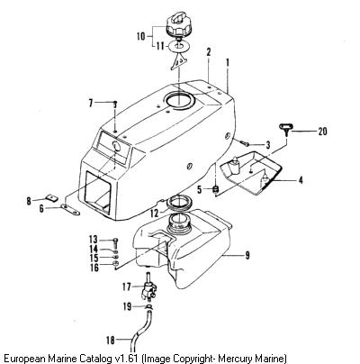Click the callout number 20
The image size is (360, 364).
[x=322, y=132]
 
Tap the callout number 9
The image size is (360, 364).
[x=247, y=255]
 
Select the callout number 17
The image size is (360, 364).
[x=127, y=287]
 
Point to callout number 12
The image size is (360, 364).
[x=154, y=214]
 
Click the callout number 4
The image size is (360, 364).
[x=301, y=180]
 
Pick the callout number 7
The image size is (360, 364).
[x=91, y=104]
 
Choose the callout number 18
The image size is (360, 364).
[x=111, y=341]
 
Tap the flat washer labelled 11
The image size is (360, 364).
[x=179, y=46]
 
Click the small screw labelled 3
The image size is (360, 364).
[x=244, y=143]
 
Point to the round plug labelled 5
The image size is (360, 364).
[x=215, y=189]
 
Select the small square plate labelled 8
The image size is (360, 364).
[x=52, y=197]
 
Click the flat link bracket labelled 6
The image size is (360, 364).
[x=70, y=209]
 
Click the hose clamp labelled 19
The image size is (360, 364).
[x=149, y=306]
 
